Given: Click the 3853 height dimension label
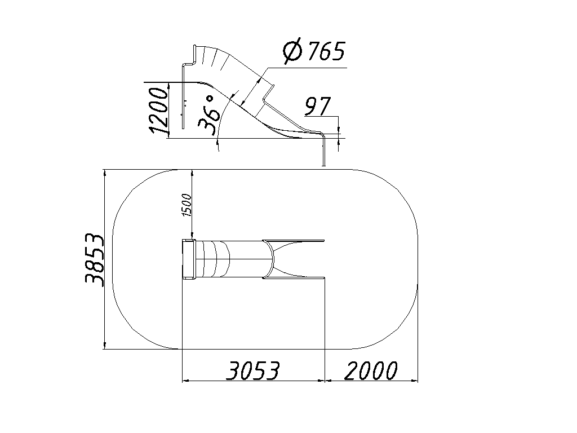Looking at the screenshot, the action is (95, 259).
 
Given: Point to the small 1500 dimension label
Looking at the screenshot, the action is (187, 205).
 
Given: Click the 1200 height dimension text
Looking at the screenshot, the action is (158, 110).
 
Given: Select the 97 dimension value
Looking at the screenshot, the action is (318, 106).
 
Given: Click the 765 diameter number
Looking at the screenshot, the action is (326, 51).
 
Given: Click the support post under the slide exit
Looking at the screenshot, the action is (324, 151).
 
